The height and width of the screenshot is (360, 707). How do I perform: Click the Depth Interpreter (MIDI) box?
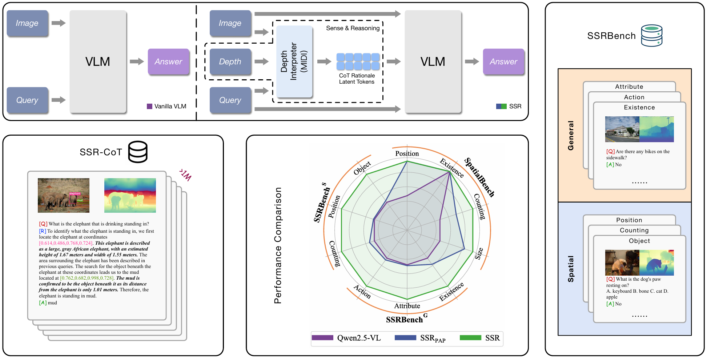[294, 61]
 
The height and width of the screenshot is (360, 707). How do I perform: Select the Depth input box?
[230, 61]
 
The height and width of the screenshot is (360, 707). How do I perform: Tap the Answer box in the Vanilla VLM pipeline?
[169, 61]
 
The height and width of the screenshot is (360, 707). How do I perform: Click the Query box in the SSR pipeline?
[230, 100]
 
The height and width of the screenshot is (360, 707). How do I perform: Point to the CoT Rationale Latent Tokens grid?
[358, 61]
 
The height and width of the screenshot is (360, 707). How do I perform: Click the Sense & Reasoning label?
[353, 28]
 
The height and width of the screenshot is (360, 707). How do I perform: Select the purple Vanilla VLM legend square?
[149, 106]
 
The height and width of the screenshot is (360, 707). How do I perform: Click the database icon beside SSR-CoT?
[138, 152]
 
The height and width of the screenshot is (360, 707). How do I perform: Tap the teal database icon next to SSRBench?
[652, 36]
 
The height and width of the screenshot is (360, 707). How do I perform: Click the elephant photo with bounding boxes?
[64, 195]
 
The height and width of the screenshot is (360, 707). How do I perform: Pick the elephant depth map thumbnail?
[130, 195]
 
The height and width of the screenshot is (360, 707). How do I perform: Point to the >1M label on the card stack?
[185, 175]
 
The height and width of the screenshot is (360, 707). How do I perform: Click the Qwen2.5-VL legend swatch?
[322, 338]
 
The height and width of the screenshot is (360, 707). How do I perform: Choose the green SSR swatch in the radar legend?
[470, 338]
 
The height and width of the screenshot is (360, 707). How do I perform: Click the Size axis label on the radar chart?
[479, 253]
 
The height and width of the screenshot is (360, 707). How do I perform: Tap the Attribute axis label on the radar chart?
[407, 306]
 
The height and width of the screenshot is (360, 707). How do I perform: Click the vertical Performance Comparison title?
[278, 245]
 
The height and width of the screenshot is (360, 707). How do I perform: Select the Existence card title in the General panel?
[639, 107]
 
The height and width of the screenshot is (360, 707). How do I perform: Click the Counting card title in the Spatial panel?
[634, 230]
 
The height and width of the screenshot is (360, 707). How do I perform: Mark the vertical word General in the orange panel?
[571, 136]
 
